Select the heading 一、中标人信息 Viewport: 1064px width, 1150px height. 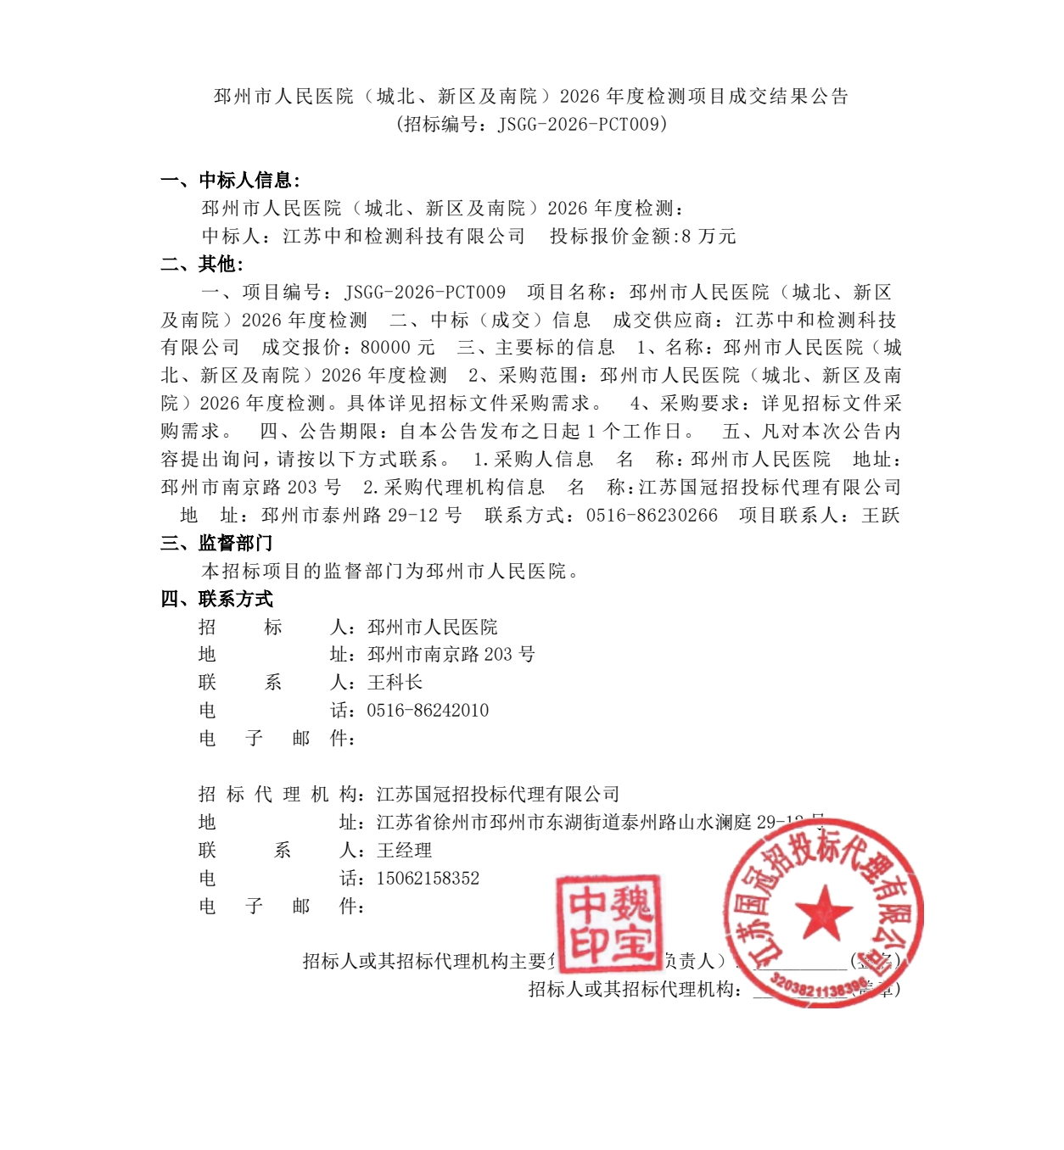click(x=230, y=180)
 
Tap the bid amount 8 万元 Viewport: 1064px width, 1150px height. click(x=708, y=237)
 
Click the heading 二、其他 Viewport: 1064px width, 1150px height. click(x=202, y=265)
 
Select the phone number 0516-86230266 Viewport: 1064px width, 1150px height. click(x=652, y=516)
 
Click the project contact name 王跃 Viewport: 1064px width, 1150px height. click(x=881, y=516)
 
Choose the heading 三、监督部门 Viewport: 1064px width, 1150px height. click(x=216, y=544)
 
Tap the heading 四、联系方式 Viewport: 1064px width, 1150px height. click(x=216, y=600)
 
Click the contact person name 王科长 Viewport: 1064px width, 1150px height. click(x=395, y=683)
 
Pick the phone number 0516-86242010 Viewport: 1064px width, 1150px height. click(x=428, y=711)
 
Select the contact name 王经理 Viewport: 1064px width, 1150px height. click(x=405, y=851)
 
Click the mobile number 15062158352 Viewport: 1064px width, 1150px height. click(x=428, y=879)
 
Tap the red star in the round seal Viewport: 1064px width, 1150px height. click(x=822, y=913)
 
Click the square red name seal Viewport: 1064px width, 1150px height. click(x=608, y=923)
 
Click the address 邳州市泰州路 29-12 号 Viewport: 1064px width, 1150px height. click(x=361, y=516)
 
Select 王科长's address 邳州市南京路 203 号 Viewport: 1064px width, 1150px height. click(x=451, y=655)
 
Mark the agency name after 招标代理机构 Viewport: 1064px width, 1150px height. click(x=498, y=795)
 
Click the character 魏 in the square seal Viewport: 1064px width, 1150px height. click(x=631, y=903)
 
